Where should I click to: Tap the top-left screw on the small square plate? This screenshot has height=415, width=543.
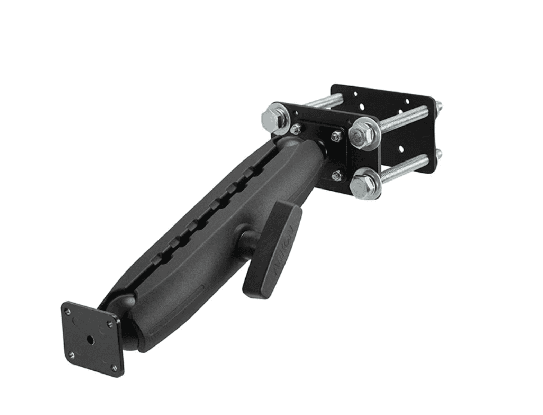tap(69, 312)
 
